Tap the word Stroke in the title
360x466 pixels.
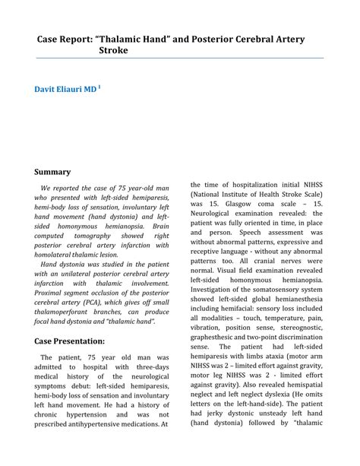pyautogui.click(x=113, y=50)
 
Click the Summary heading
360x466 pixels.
pyautogui.click(x=52, y=172)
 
